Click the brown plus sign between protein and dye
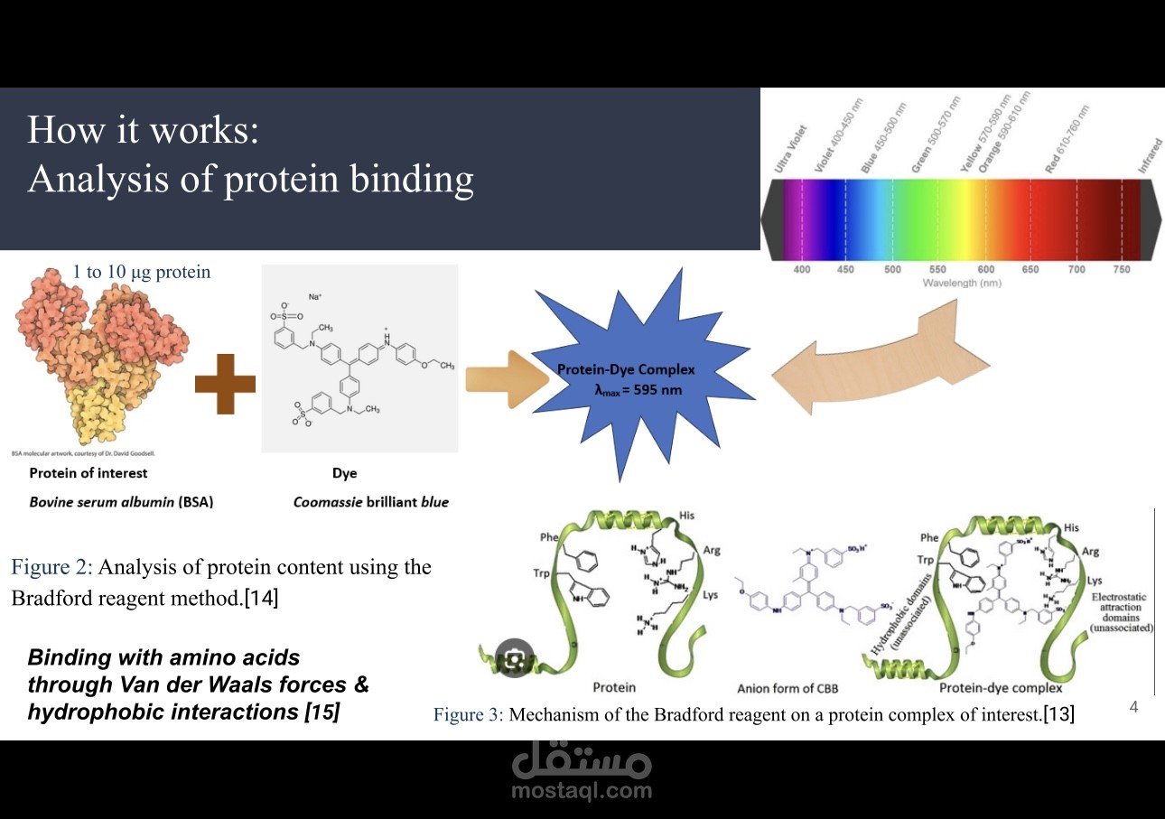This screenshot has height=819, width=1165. click(x=225, y=382)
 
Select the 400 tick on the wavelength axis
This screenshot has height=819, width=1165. click(x=801, y=269)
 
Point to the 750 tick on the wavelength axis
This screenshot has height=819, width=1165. click(x=1122, y=269)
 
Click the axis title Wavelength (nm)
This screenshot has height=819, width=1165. click(x=961, y=284)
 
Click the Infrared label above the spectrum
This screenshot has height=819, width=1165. click(x=1150, y=154)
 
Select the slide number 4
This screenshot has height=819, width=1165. click(x=1133, y=707)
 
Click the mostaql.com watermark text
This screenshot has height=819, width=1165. click(x=581, y=791)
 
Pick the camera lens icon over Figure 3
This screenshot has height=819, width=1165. click(x=515, y=658)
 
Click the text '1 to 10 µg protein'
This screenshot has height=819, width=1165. click(x=141, y=272)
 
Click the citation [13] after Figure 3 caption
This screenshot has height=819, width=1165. click(x=1058, y=715)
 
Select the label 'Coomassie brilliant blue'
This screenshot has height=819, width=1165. click(x=370, y=502)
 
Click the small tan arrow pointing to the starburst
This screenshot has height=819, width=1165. click(x=505, y=380)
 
